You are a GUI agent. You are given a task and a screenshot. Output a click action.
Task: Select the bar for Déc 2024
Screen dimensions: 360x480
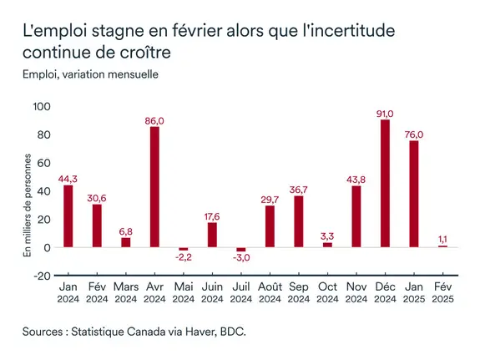[385, 184]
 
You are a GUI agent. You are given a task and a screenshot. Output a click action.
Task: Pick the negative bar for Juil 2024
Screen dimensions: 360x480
[241, 250]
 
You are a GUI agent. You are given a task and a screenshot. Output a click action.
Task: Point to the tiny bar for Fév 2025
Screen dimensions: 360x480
[443, 246]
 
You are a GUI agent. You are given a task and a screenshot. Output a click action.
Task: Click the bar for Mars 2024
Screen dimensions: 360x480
[126, 242]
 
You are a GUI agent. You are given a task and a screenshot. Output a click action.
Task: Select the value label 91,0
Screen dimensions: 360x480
[385, 112]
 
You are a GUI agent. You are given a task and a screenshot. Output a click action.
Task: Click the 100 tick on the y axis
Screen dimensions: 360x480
[42, 106]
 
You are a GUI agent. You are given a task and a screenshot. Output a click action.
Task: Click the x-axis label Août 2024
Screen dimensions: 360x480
[270, 293]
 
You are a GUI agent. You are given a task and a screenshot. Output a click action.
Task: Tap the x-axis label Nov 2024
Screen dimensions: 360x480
[356, 293]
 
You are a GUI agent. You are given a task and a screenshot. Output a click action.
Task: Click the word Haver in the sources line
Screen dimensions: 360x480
[194, 332]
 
